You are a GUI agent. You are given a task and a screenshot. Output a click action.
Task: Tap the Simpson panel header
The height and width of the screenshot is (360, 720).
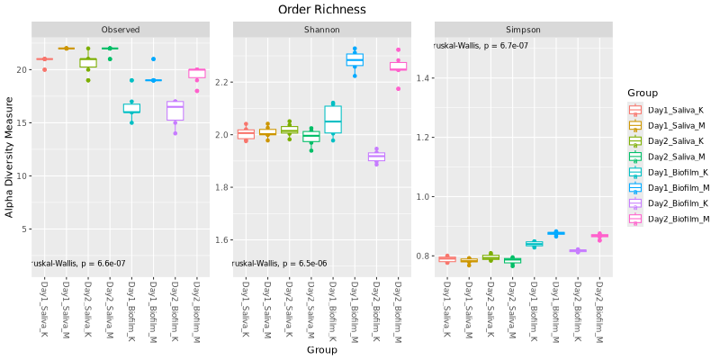[523, 30]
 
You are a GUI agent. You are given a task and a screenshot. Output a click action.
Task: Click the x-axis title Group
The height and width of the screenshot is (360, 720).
[321, 349]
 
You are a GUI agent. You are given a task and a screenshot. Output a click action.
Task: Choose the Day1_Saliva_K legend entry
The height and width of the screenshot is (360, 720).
[670, 110]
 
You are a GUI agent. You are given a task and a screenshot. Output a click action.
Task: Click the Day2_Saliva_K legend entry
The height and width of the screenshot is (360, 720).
[670, 140]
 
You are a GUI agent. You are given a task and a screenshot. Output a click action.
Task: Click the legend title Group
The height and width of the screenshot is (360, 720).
[643, 93]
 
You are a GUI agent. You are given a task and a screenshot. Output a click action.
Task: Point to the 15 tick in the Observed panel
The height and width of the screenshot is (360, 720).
[22, 122]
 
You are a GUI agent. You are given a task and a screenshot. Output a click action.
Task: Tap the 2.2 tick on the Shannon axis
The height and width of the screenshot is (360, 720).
[221, 82]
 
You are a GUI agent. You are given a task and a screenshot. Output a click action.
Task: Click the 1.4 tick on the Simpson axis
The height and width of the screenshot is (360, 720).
[423, 78]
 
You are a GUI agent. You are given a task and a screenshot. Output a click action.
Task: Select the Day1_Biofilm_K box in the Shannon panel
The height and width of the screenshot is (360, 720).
[333, 120]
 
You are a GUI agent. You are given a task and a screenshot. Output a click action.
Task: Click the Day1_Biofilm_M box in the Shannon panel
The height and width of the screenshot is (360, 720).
[355, 60]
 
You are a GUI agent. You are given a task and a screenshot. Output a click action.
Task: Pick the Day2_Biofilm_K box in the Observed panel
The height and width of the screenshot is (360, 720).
[175, 110]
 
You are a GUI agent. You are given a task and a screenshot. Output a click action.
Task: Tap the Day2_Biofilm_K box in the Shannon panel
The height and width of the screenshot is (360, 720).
[376, 157]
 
